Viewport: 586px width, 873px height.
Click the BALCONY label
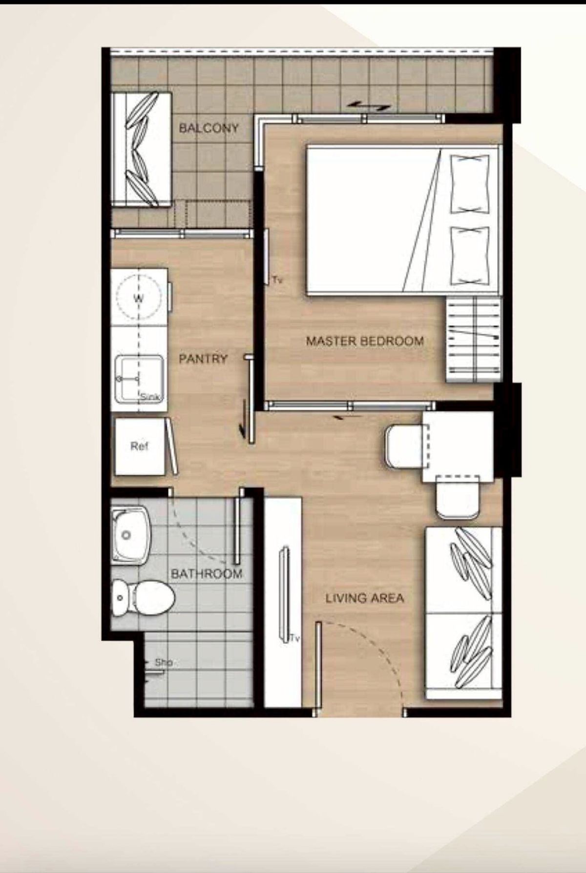[209, 128]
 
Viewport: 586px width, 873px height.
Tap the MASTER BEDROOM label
[365, 341]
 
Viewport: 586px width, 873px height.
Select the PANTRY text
[203, 359]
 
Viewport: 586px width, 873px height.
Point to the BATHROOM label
[207, 573]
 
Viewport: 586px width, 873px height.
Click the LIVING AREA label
[365, 598]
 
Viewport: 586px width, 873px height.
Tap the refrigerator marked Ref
[140, 446]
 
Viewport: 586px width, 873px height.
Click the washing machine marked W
[139, 298]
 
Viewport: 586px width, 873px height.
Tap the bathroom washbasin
[129, 535]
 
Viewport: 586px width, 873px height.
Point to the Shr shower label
[164, 663]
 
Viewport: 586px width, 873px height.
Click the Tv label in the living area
[294, 638]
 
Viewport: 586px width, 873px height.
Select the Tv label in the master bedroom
[278, 280]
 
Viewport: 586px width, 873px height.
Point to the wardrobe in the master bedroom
[473, 341]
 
